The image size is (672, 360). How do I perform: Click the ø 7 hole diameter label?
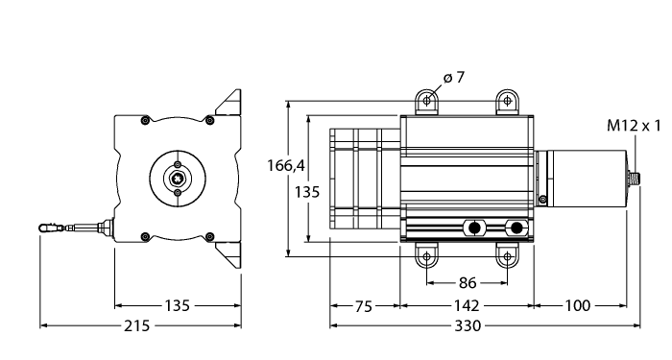[454, 78]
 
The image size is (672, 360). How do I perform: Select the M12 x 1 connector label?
[635, 126]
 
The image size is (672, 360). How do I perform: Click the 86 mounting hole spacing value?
[467, 283]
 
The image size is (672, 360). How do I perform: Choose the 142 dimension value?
[467, 306]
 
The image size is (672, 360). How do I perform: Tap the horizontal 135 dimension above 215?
[176, 306]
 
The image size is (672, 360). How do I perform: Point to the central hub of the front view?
[178, 178]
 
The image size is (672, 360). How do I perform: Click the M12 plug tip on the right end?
[636, 178]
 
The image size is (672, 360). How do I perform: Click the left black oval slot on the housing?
[473, 228]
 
